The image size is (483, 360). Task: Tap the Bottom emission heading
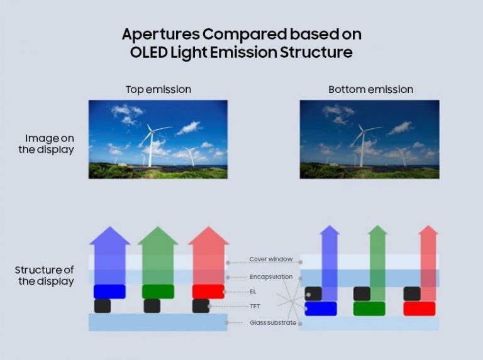click(x=370, y=89)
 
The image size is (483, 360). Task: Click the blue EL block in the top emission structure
click(x=109, y=292)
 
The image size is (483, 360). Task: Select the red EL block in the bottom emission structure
click(x=419, y=308)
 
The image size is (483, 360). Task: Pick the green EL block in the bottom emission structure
click(x=369, y=308)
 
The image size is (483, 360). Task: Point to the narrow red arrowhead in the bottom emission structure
click(x=428, y=230)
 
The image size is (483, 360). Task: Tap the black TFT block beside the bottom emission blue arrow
click(x=313, y=293)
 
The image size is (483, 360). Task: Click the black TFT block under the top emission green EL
click(x=152, y=306)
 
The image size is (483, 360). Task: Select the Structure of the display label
click(x=44, y=276)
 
